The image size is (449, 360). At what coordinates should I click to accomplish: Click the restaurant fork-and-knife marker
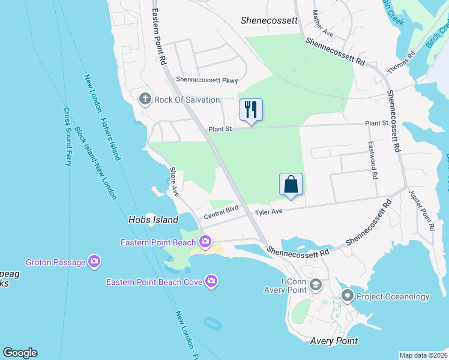[252, 110]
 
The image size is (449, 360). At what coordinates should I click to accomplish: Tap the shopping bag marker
[291, 184]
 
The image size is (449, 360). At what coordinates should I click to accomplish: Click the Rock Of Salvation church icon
[145, 98]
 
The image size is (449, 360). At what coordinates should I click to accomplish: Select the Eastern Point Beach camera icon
[205, 242]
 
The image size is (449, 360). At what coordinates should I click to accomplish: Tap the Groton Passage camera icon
[94, 262]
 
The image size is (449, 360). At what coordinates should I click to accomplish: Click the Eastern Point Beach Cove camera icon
[211, 281]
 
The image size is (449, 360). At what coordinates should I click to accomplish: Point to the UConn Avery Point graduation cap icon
[316, 285]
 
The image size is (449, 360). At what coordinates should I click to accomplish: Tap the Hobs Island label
[153, 220]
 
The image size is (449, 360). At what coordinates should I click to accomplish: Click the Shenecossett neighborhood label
[269, 20]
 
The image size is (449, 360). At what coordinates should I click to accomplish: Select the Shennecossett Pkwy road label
[206, 80]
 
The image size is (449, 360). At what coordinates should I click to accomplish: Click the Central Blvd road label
[221, 212]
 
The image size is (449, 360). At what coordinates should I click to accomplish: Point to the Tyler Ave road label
[268, 212]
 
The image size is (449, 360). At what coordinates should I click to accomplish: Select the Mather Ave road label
[319, 22]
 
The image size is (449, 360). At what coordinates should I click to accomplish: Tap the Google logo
[20, 353]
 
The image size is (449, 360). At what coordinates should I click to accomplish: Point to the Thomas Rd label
[402, 62]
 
